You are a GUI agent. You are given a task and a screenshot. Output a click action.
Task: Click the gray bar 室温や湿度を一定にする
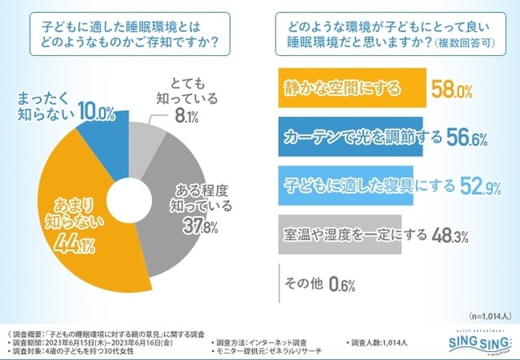(x=341, y=237)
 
